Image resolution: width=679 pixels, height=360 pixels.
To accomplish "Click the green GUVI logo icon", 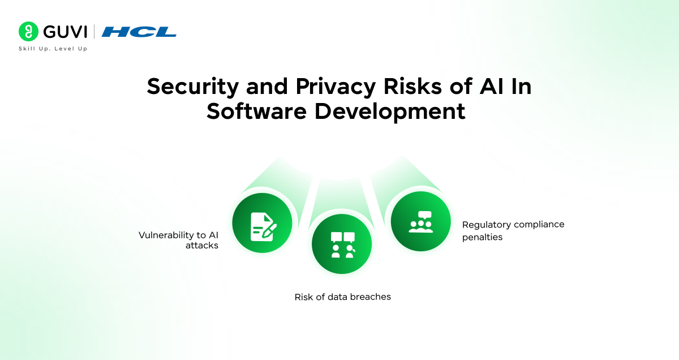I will click(28, 32).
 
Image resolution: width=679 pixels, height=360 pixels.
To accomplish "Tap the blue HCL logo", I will click(139, 32).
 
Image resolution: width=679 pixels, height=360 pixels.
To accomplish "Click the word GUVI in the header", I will click(65, 32).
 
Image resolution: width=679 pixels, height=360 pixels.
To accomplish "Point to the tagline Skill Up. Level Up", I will click(53, 49).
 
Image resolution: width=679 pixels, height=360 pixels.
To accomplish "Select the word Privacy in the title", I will click(319, 87).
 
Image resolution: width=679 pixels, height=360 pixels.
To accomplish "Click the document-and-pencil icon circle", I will click(263, 223).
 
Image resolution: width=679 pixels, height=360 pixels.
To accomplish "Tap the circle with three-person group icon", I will click(420, 221).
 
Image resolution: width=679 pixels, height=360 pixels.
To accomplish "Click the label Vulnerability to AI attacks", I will click(178, 240).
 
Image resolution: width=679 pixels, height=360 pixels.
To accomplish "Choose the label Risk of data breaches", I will click(342, 297).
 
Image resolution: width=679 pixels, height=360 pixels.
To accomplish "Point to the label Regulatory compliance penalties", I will click(513, 230).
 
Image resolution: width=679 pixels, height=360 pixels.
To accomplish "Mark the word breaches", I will click(370, 297).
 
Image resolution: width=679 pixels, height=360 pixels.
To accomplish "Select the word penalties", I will click(482, 237).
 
